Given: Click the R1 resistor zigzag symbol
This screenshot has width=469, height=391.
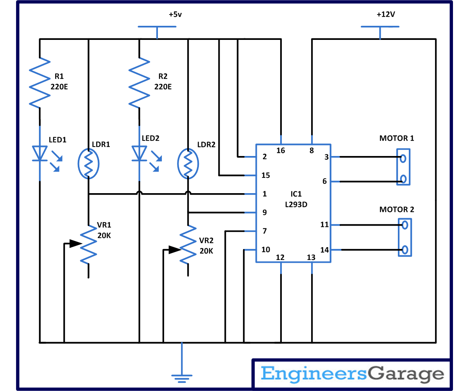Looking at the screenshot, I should tap(40, 83).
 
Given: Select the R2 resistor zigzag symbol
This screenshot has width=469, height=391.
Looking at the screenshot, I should tap(140, 83).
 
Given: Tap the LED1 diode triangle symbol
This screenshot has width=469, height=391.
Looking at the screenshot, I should tap(40, 153).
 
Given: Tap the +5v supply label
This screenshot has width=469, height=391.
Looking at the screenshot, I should tap(175, 14).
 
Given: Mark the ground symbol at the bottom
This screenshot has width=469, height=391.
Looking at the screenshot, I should tap(182, 376).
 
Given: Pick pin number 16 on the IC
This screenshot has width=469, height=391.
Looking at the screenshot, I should tap(281, 151).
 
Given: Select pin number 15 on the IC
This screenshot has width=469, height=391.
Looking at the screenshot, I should tap(266, 176).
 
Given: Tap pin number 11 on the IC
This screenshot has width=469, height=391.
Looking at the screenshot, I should tap(324, 225).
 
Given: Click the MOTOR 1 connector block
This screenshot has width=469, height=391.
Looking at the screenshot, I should tap(403, 167).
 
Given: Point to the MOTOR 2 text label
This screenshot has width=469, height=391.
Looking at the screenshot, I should tap(396, 210).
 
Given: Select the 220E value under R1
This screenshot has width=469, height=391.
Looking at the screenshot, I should tap(59, 86).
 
